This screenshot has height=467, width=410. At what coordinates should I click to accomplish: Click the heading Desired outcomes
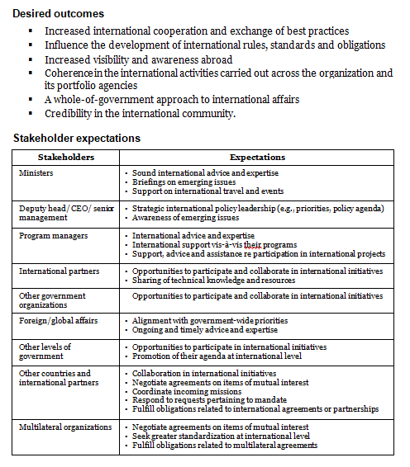coord(58,14)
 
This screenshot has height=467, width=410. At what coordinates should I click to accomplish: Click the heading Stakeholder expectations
coord(77,138)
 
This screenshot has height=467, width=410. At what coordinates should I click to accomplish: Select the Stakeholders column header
coord(66,157)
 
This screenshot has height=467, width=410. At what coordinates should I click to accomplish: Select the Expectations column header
coord(258,157)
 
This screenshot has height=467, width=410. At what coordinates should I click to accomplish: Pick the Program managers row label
coord(50,235)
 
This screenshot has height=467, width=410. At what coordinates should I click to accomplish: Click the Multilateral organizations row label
coord(64,427)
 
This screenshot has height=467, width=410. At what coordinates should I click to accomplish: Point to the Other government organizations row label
coord(51,299)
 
